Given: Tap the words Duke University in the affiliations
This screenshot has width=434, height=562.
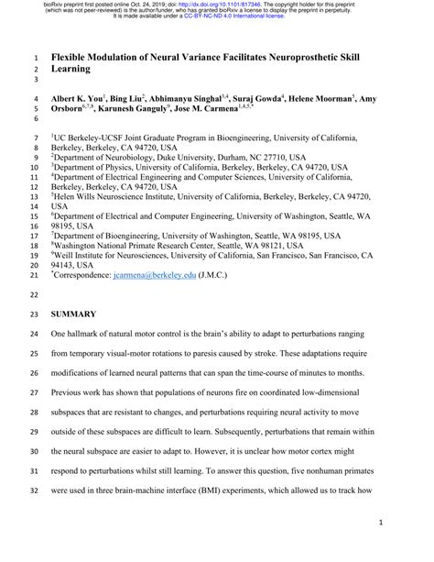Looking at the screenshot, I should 192,157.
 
